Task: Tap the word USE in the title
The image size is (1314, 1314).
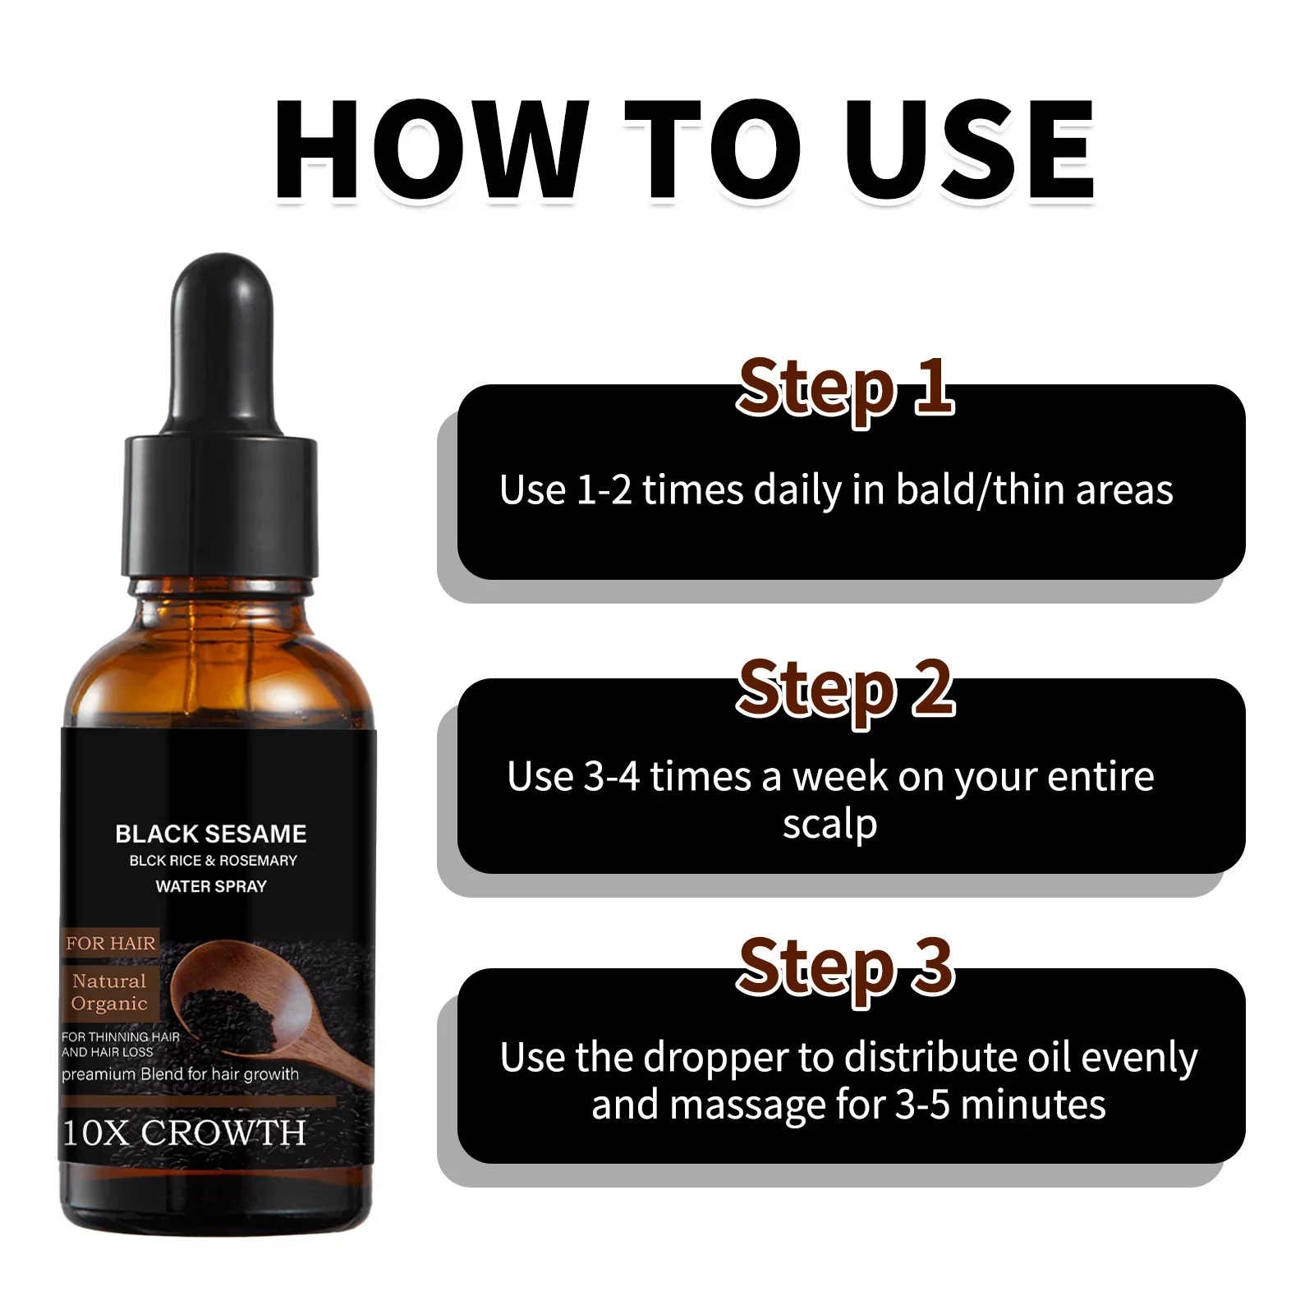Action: click(969, 149)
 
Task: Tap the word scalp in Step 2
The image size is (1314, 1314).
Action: click(829, 825)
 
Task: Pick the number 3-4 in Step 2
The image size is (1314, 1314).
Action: click(611, 777)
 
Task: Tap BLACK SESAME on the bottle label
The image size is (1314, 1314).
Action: click(211, 834)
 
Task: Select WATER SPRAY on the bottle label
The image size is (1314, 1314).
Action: click(211, 886)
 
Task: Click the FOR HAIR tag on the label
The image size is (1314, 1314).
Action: click(111, 944)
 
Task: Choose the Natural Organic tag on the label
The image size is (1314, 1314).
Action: click(109, 992)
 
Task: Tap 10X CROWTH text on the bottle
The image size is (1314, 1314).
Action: click(185, 1133)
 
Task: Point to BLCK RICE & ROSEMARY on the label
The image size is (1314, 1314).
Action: click(213, 861)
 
